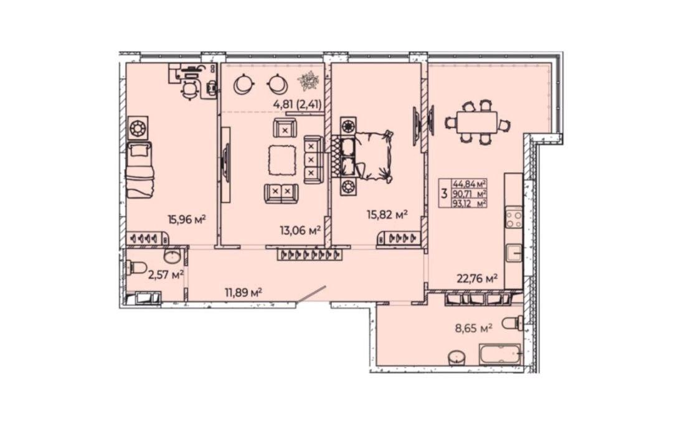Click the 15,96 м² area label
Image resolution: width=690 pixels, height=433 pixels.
tap(187, 219)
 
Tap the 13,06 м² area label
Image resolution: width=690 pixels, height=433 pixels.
tap(300, 230)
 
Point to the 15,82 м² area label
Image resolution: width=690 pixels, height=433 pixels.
tap(387, 215)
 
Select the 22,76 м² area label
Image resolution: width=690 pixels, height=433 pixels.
tap(477, 278)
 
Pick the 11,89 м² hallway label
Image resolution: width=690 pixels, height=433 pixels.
tap(243, 292)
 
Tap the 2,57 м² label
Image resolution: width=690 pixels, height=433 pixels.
tap(166, 275)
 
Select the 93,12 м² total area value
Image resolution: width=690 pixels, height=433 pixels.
tap(470, 203)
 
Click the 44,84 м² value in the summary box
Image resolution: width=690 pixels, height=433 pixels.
tap(470, 184)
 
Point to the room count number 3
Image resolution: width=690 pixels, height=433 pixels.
tap(445, 193)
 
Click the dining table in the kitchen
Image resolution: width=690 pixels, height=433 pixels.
tap(476, 122)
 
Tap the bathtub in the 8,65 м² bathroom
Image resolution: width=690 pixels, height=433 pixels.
tap(500, 354)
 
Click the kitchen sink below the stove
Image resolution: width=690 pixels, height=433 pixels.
tap(514, 253)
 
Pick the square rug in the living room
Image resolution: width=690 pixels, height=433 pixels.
tap(281, 159)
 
